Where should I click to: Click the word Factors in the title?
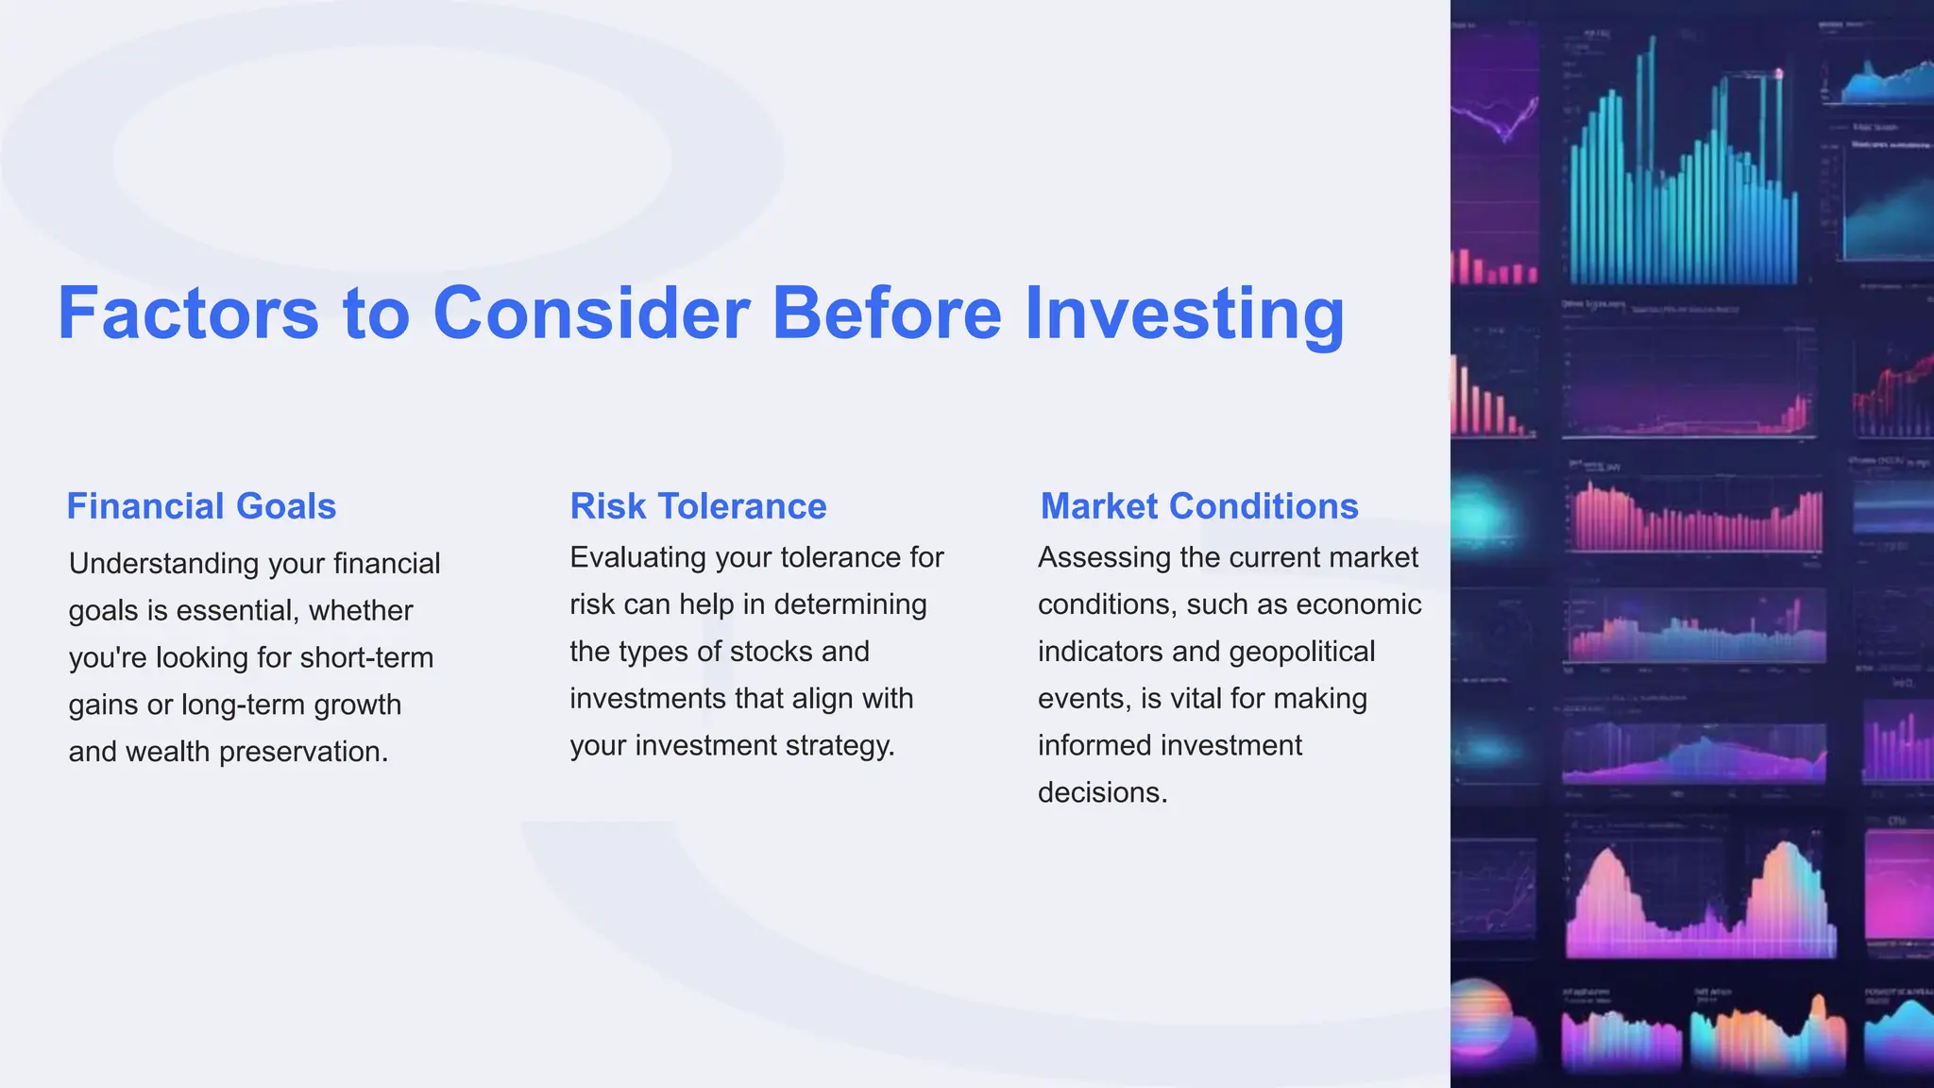click(188, 314)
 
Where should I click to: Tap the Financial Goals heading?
click(201, 506)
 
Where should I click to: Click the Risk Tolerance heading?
click(698, 506)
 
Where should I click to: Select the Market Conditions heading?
click(1199, 506)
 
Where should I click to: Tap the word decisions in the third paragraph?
click(1102, 792)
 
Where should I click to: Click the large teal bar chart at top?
click(1681, 189)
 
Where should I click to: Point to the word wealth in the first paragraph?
click(167, 752)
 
